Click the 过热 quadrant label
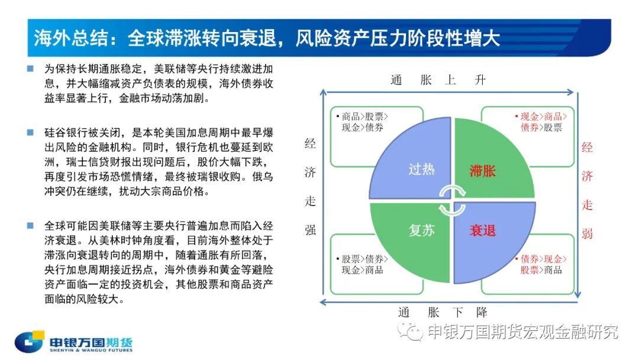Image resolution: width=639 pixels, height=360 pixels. click(421, 169)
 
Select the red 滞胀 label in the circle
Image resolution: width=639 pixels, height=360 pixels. click(483, 171)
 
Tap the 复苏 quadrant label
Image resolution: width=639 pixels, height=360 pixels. click(421, 230)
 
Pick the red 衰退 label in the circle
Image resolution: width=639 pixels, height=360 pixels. click(483, 231)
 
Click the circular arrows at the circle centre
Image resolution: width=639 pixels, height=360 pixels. click(452, 200)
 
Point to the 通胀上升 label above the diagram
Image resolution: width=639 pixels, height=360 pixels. click(438, 79)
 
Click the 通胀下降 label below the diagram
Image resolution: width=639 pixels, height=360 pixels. click(443, 313)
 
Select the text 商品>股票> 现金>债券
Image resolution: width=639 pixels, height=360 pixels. click(362, 122)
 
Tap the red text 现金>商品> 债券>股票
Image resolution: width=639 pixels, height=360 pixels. click(541, 122)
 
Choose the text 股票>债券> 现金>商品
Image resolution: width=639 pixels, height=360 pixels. click(362, 264)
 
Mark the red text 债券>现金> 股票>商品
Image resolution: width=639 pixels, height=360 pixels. click(541, 264)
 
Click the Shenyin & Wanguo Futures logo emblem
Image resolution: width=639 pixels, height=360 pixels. click(30, 341)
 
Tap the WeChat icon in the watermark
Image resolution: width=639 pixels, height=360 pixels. click(411, 331)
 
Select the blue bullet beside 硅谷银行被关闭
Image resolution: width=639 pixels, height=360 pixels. click(30, 132)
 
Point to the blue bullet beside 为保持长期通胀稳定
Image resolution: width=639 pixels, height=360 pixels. click(30, 69)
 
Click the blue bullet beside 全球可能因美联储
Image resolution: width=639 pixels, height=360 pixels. click(30, 226)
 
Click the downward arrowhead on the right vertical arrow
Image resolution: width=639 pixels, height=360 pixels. click(577, 294)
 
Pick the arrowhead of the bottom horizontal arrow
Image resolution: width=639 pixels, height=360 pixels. click(323, 302)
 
